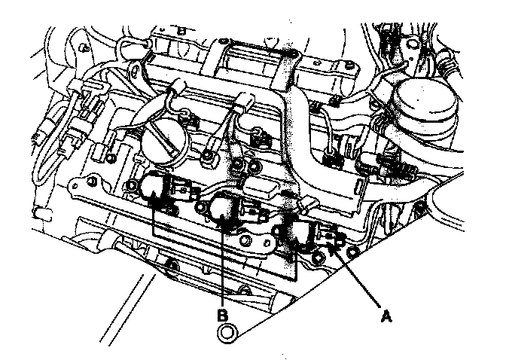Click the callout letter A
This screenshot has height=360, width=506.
(386, 316)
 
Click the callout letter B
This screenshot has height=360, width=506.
(223, 315)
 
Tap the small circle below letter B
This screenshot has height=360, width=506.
(227, 333)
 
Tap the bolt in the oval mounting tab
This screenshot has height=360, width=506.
(248, 239)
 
